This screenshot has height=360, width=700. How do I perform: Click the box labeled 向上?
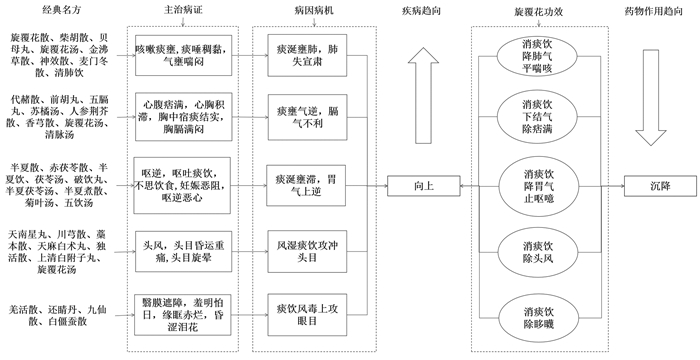click(x=423, y=186)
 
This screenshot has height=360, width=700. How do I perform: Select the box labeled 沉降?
click(x=660, y=186)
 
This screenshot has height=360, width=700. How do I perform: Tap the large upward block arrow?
click(x=423, y=96)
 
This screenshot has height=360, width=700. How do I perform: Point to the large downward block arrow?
click(x=651, y=97)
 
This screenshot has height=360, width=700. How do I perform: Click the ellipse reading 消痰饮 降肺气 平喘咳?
click(x=538, y=56)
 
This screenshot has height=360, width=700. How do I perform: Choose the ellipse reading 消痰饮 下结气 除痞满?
click(x=538, y=117)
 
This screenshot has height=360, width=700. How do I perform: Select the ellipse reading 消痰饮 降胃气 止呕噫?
click(x=538, y=186)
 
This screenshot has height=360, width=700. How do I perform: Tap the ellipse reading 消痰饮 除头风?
click(x=538, y=252)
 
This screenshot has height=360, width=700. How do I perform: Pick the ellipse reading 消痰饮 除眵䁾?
click(x=538, y=318)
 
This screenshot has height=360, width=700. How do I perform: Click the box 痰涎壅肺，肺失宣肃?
click(x=307, y=55)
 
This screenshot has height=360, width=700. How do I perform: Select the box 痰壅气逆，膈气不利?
click(x=307, y=117)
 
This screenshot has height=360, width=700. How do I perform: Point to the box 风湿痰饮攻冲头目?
click(x=307, y=251)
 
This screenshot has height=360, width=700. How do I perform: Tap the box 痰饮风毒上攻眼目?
click(x=307, y=315)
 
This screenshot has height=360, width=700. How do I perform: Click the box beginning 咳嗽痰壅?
click(x=183, y=55)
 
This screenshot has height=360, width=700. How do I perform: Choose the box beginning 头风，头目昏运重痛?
click(x=183, y=251)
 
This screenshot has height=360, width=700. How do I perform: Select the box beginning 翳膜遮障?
click(x=183, y=315)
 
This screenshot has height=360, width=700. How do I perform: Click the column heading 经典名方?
click(x=59, y=10)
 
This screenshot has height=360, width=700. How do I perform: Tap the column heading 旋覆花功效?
click(x=538, y=12)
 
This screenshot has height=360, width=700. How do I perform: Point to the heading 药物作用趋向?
click(x=653, y=11)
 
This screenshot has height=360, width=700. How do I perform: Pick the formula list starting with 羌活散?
click(x=58, y=315)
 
